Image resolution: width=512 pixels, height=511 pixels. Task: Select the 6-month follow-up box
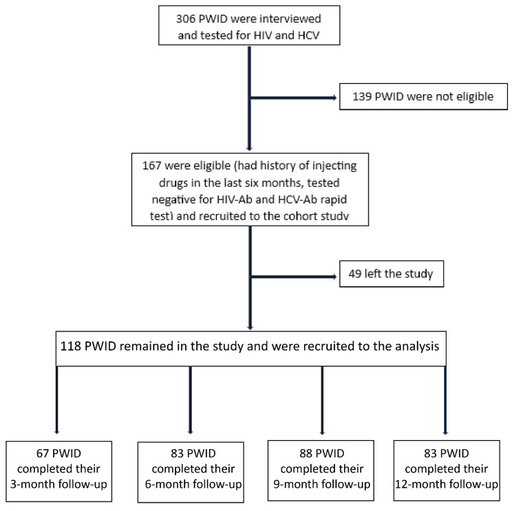click(x=191, y=467)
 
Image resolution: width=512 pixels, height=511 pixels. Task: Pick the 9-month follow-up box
click(x=320, y=467)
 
